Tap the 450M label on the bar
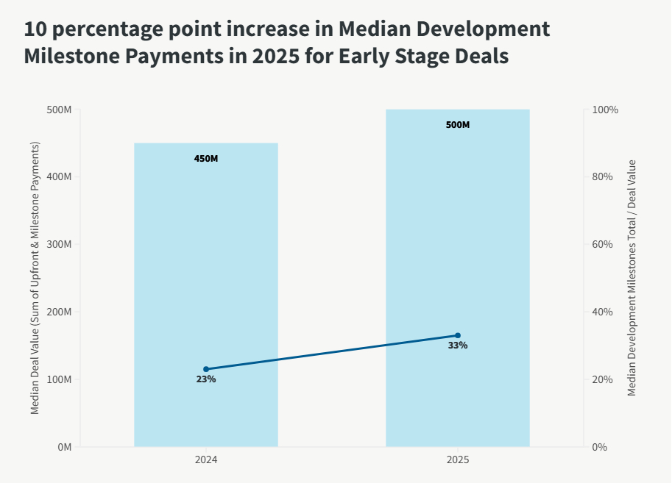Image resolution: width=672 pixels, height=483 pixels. (206, 159)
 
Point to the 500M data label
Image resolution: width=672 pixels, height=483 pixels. (457, 125)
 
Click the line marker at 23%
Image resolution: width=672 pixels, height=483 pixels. (206, 369)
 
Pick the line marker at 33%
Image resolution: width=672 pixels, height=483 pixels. (457, 335)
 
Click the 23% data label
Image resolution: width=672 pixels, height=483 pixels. (206, 379)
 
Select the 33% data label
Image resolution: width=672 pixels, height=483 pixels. (457, 346)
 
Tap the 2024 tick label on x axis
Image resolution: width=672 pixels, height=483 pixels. (206, 460)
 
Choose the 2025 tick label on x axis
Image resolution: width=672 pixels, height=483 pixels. (457, 460)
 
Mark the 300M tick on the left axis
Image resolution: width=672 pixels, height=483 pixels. (59, 244)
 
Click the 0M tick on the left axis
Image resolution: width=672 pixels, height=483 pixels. (63, 447)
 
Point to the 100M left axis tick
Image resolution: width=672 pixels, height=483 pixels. (59, 379)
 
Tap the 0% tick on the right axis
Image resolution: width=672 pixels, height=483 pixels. (600, 447)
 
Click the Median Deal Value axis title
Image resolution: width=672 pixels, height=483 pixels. (35, 278)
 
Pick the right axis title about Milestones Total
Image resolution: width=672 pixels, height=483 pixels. (632, 278)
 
